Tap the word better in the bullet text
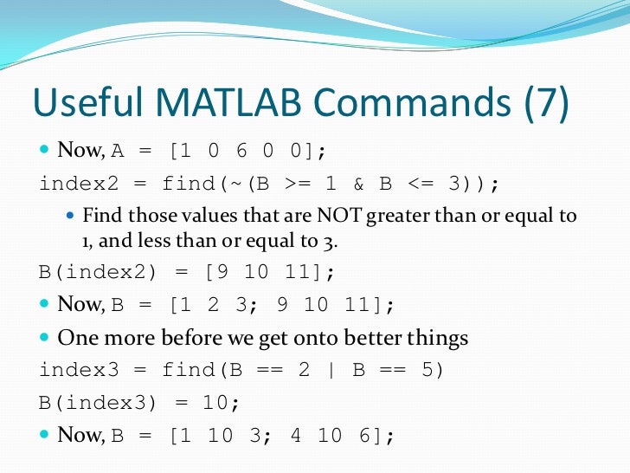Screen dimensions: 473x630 click(x=347, y=337)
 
